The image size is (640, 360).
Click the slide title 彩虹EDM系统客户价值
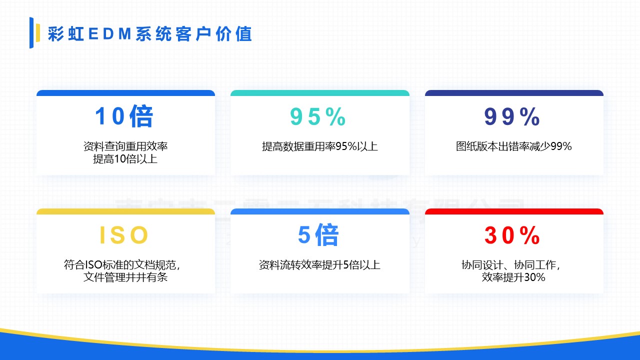coord(150,33)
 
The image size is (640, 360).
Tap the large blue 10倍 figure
coord(124,116)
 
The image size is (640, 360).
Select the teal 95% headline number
coord(318,117)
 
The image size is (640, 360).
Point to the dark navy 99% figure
coord(512,117)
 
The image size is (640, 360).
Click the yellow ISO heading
coord(124,235)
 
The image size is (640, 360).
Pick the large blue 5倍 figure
coord(318,235)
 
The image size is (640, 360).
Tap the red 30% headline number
coord(512,235)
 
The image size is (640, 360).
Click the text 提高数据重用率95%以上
coord(319,146)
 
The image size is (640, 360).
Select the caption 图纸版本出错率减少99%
coord(513,146)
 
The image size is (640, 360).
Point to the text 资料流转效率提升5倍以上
coord(319,265)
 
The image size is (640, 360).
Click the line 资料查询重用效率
coord(125,146)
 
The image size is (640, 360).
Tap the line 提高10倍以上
coord(125,159)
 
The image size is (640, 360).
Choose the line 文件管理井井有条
coord(125,277)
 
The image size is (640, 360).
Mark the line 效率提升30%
coord(513,277)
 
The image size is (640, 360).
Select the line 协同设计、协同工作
coord(510,265)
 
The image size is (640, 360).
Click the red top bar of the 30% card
coord(514,211)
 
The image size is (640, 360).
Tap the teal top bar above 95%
coord(319,93)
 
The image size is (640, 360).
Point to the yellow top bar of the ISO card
coord(125,211)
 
